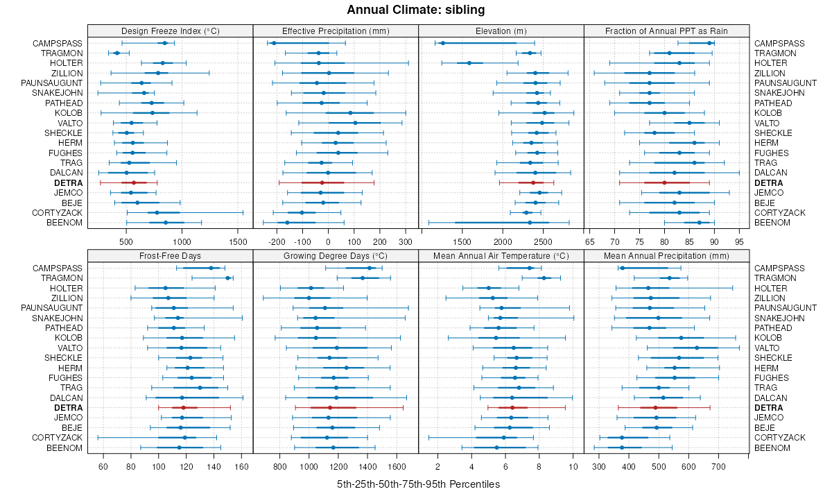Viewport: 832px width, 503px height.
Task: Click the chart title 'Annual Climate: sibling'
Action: point(416,10)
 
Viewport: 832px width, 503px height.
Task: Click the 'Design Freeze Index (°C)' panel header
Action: point(170,31)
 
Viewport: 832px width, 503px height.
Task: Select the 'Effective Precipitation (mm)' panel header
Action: point(336,31)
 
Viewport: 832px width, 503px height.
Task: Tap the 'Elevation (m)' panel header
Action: point(501,31)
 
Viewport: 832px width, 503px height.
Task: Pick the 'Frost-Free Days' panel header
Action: point(170,255)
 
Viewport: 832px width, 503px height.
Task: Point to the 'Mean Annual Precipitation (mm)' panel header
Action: point(667,255)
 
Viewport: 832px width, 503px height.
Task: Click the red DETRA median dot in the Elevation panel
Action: point(533,182)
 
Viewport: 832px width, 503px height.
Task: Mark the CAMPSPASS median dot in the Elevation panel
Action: point(442,43)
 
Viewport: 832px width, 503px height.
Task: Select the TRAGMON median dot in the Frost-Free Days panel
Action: point(228,278)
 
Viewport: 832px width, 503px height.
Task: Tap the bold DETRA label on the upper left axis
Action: point(69,182)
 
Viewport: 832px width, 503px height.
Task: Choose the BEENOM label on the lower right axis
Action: point(772,447)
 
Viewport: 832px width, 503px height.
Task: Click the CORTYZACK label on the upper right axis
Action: point(779,212)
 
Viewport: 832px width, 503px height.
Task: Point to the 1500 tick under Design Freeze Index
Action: point(237,241)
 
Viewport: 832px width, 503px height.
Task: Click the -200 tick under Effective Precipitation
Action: point(277,241)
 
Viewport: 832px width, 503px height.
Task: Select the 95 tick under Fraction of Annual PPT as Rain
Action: point(739,241)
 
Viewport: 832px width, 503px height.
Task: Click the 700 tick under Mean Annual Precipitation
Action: point(718,466)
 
